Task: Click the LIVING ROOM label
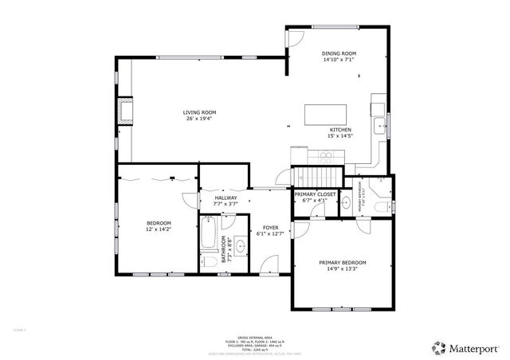[200, 112]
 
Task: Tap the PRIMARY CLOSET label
[315, 194]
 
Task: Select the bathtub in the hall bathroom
[207, 241]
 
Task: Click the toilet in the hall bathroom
[207, 260]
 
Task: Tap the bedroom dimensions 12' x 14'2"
[158, 229]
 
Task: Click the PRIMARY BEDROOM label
[343, 262]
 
